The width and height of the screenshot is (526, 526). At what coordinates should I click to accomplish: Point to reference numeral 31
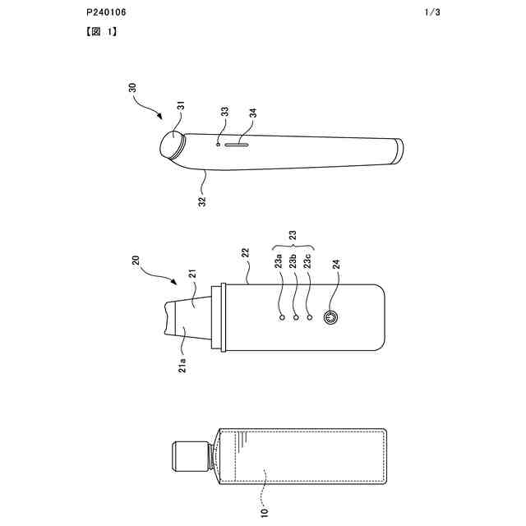(182, 106)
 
